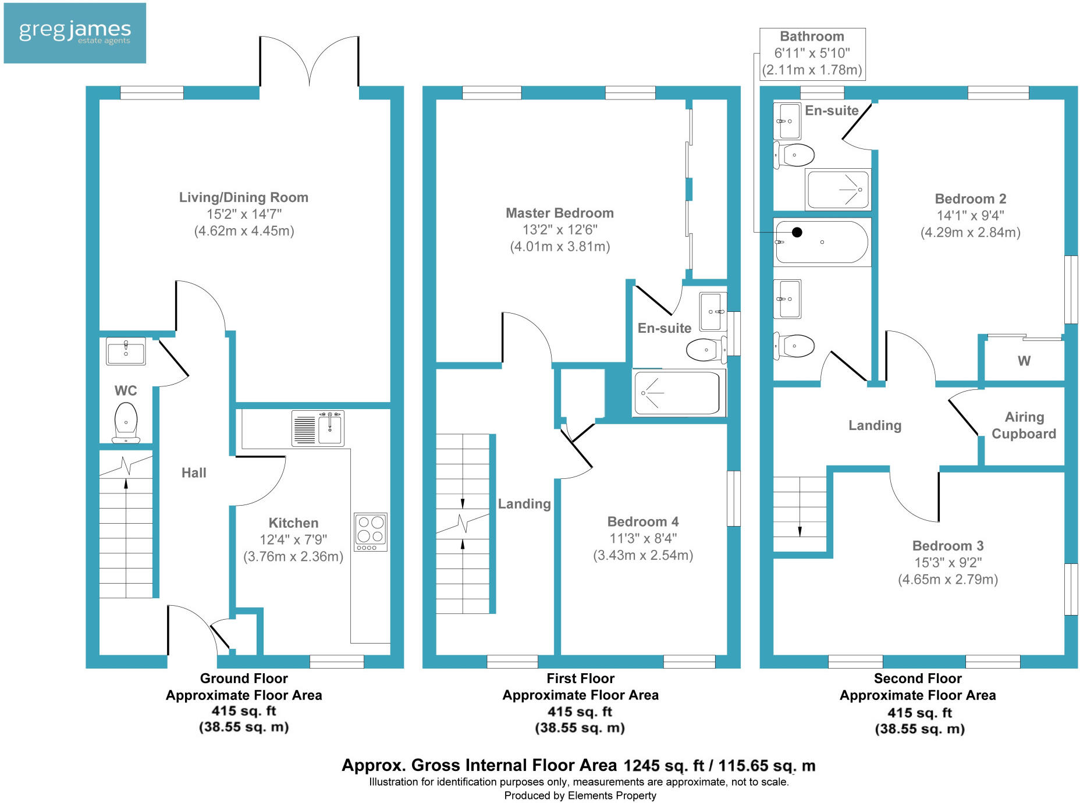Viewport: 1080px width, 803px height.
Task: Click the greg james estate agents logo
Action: [74, 33]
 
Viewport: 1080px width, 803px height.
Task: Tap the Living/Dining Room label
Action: [243, 197]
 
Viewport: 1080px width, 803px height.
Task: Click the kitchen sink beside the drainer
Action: [330, 427]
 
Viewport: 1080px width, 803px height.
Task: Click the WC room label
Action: [126, 390]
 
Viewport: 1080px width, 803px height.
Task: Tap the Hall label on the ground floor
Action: [194, 472]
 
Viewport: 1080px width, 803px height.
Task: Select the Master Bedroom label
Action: [559, 213]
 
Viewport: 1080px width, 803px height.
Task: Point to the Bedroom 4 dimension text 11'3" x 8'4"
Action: [643, 538]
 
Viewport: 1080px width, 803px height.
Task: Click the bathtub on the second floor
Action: [822, 242]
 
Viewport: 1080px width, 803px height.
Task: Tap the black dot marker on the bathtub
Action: [797, 232]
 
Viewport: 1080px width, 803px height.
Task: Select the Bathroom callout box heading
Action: [812, 37]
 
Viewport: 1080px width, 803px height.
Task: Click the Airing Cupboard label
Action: [1024, 425]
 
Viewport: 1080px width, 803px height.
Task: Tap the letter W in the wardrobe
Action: [1024, 361]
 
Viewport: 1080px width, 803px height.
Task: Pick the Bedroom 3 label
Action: [948, 546]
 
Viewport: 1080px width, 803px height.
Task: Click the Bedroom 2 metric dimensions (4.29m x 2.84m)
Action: [970, 232]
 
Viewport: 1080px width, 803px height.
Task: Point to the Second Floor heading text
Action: [918, 678]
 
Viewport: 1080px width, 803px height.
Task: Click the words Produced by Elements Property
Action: [580, 795]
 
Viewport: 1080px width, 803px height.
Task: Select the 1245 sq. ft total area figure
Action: [664, 766]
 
